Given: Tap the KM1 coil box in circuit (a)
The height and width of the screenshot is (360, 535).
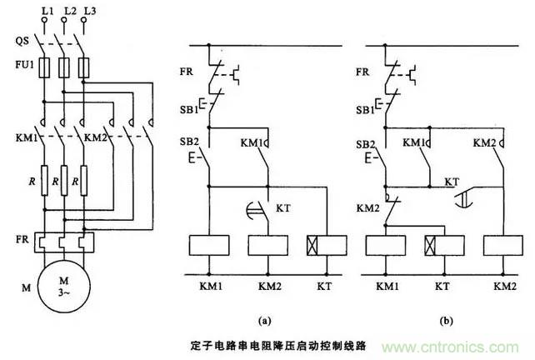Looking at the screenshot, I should tap(207, 247).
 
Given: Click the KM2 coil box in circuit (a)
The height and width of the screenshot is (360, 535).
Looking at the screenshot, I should tap(266, 247).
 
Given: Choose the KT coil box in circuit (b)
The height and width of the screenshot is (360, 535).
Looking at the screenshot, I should tap(445, 247).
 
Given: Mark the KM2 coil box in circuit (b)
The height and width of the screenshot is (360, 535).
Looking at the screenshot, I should tap(503, 247).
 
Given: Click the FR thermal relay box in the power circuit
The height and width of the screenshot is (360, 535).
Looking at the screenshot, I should tap(65, 242).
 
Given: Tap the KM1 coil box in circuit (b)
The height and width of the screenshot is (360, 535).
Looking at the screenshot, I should tap(387, 247).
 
